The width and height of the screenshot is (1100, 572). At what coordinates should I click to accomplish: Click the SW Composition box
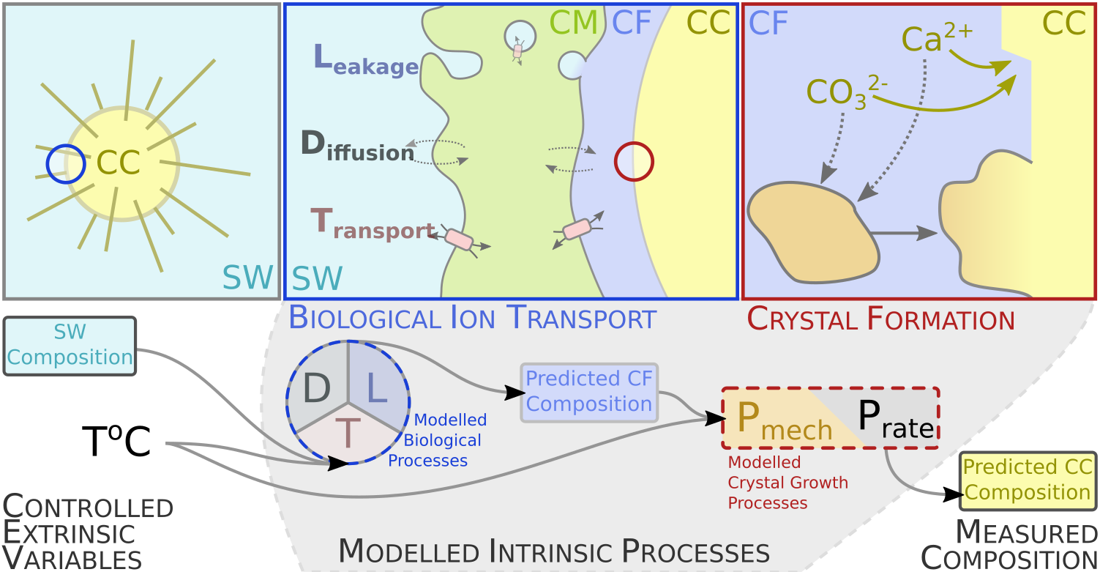point(70,345)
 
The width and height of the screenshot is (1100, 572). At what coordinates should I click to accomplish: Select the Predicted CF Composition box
point(589,392)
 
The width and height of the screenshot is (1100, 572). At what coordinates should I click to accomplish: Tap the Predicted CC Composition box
point(1028,480)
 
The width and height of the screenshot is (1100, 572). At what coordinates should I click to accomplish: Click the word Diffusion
point(358,146)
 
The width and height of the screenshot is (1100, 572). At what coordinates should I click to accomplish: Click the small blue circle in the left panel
point(66,163)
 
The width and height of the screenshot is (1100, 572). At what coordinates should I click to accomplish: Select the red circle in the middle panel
point(634,161)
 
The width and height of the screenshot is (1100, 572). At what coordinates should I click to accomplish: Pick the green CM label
point(573,23)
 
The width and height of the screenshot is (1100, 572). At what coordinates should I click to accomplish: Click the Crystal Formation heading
point(880,320)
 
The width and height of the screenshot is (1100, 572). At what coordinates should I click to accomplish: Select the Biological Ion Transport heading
point(472,319)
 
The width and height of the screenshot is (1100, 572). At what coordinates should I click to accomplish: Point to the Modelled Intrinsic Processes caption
point(554,551)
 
